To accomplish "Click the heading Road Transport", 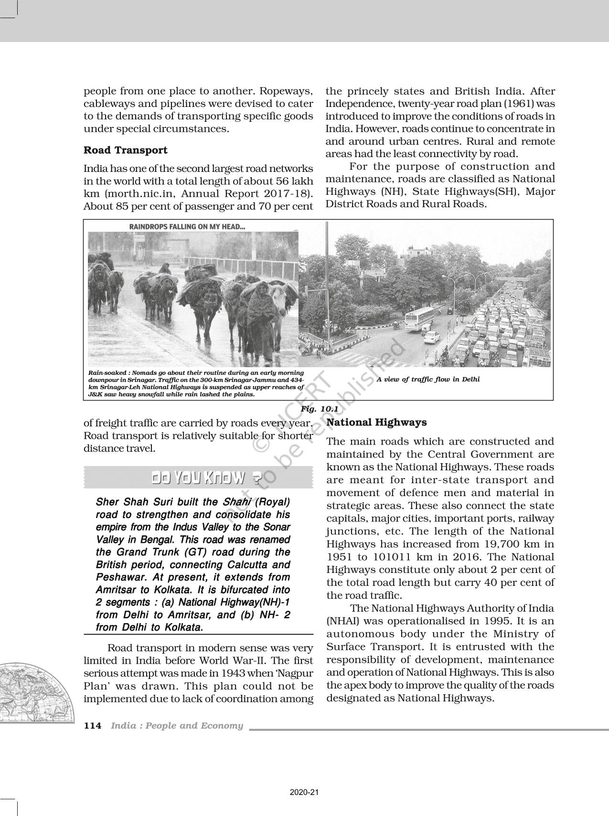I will click(125, 150).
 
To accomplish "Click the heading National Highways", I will click(376, 423).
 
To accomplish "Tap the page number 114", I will click(93, 726).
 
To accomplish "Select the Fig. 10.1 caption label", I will click(319, 409).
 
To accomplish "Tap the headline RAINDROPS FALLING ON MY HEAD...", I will click(187, 227).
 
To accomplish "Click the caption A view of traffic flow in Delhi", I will click(428, 380).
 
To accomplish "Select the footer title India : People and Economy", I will click(177, 726).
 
